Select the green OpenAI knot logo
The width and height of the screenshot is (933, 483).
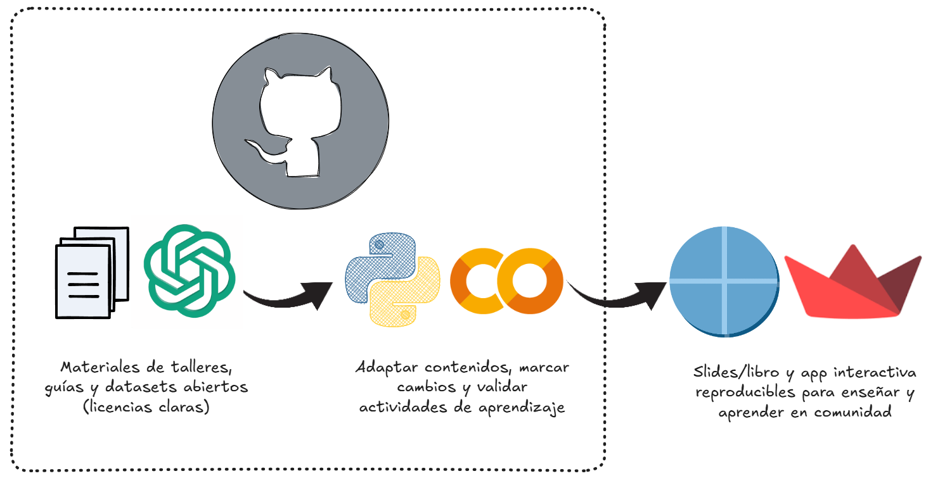[x=190, y=270]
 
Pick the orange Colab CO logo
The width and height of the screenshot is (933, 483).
[x=506, y=282]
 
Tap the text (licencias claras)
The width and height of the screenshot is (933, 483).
[x=146, y=407]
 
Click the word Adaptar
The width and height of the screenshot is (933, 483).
[x=387, y=367]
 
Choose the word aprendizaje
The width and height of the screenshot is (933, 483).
[x=523, y=407]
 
